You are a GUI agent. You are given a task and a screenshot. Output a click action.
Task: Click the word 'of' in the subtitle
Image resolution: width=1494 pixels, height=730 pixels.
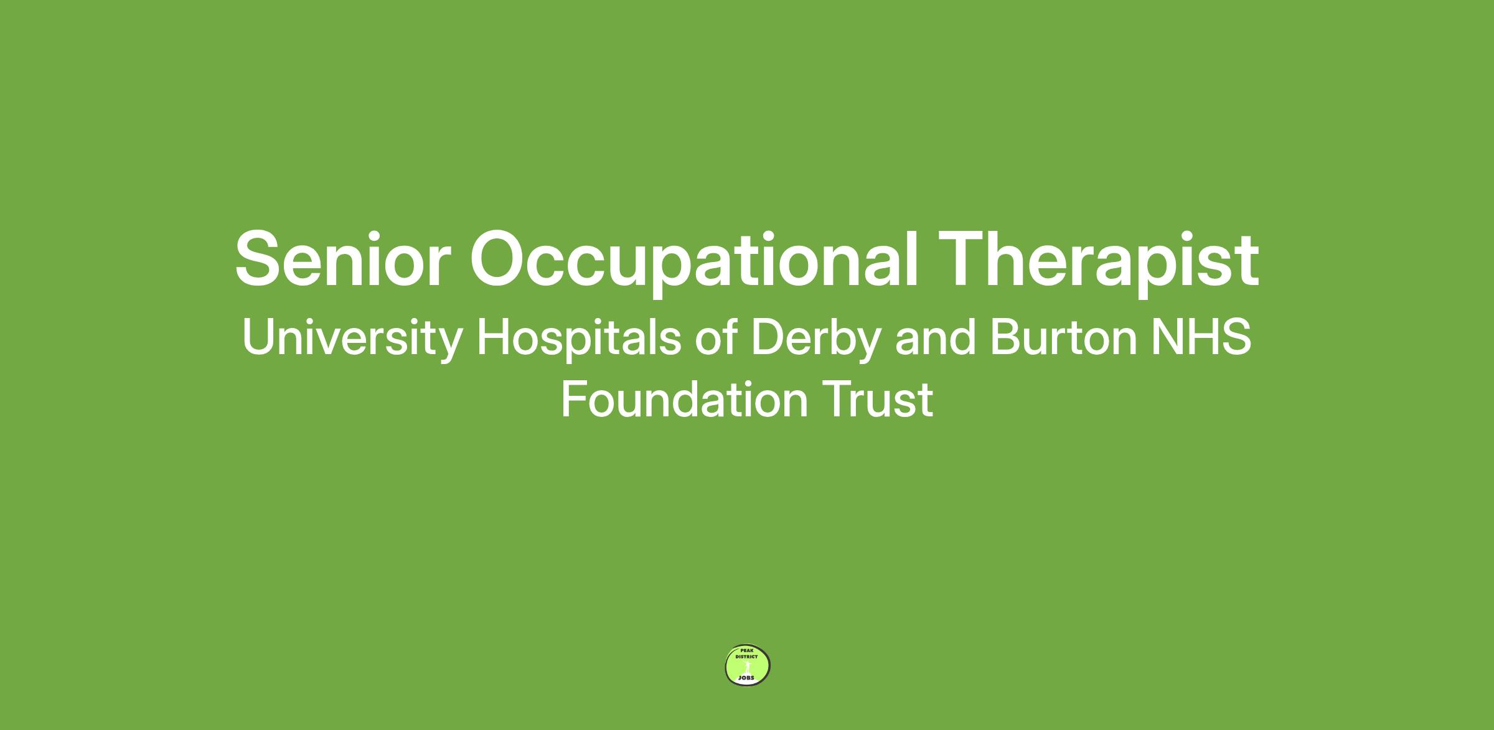coord(716,337)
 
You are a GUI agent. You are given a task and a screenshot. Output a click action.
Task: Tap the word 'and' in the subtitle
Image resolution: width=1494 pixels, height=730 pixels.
coord(935,337)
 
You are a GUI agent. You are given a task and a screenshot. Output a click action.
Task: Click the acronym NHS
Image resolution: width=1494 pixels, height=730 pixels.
coord(1201,337)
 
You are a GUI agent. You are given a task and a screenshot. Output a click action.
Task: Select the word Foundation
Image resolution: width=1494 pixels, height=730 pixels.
coord(684,400)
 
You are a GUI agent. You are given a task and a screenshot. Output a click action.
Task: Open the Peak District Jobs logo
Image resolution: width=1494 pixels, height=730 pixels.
coord(748,666)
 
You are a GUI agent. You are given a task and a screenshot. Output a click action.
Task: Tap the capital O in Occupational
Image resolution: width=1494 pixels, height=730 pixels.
coord(500,259)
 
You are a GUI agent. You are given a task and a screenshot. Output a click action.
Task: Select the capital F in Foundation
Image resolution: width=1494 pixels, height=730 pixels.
coord(575,400)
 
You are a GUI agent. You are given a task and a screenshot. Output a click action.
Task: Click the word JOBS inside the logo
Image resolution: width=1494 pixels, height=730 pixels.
coord(746,677)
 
